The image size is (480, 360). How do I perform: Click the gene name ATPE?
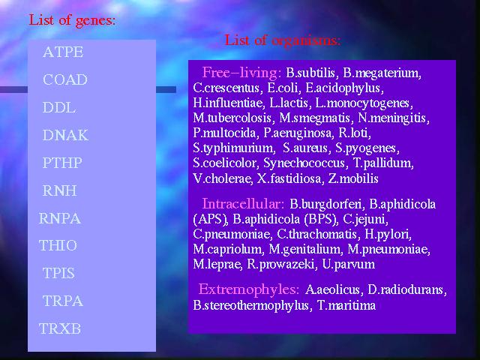pyautogui.click(x=63, y=52)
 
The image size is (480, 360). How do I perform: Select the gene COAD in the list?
pyautogui.click(x=65, y=80)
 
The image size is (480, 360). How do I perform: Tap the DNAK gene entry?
pyautogui.click(x=65, y=135)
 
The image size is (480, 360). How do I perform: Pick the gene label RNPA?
pyautogui.click(x=60, y=218)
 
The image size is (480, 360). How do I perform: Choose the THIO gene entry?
pyautogui.click(x=58, y=245)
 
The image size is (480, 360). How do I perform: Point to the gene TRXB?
pyautogui.click(x=60, y=328)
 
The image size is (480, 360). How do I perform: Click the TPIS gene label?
pyautogui.click(x=58, y=273)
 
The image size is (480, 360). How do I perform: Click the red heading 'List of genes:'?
pyautogui.click(x=72, y=20)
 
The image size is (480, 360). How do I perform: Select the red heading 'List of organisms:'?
pyautogui.click(x=283, y=40)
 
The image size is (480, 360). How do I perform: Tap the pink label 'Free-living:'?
pyautogui.click(x=241, y=73)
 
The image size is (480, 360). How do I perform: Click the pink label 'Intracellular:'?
pyautogui.click(x=243, y=203)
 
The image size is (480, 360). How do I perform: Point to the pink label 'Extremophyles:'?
pyautogui.click(x=248, y=289)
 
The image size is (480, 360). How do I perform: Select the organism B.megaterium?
pyautogui.click(x=382, y=73)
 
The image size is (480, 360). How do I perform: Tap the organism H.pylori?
pyautogui.click(x=388, y=235)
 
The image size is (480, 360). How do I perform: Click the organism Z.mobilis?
pyautogui.click(x=353, y=178)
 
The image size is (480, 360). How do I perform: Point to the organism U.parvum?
pyautogui.click(x=349, y=264)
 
